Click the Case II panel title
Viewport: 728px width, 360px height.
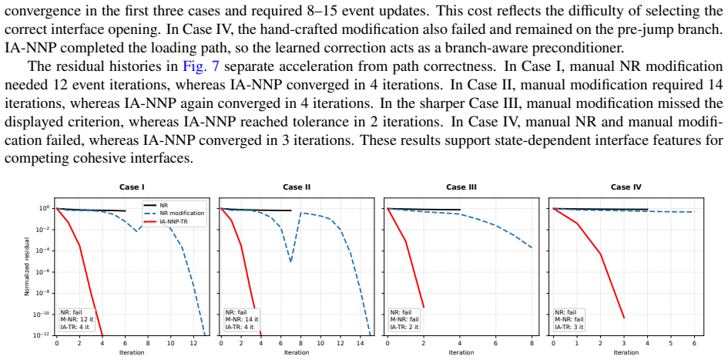coord(297,187)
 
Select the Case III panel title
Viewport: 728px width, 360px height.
coord(461,187)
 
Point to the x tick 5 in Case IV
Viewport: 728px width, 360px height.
coord(671,343)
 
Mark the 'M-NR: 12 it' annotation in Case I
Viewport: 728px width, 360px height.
coord(76,320)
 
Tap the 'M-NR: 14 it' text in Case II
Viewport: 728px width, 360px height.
coord(242,320)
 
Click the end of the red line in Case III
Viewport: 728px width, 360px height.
coord(424,307)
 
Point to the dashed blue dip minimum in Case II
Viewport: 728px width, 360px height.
coord(290,262)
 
